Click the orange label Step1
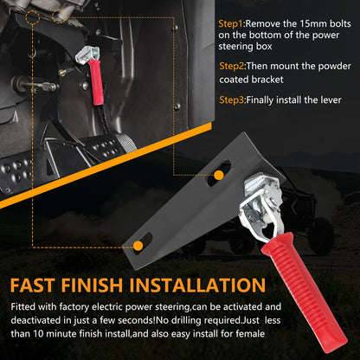pyautogui.click(x=231, y=23)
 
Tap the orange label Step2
pyautogui.click(x=232, y=66)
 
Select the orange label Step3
pyautogui.click(x=232, y=100)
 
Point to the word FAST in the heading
pyautogui.click(x=32, y=286)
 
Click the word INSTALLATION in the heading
pyautogui.click(x=197, y=286)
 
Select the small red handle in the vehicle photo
pyautogui.click(x=96, y=82)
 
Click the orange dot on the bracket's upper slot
pyautogui.click(x=219, y=175)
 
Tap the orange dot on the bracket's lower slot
pyautogui.click(x=138, y=246)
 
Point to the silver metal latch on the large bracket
pyautogui.click(x=260, y=202)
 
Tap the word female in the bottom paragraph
pyautogui.click(x=250, y=334)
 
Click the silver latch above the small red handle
pyautogui.click(x=87, y=55)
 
